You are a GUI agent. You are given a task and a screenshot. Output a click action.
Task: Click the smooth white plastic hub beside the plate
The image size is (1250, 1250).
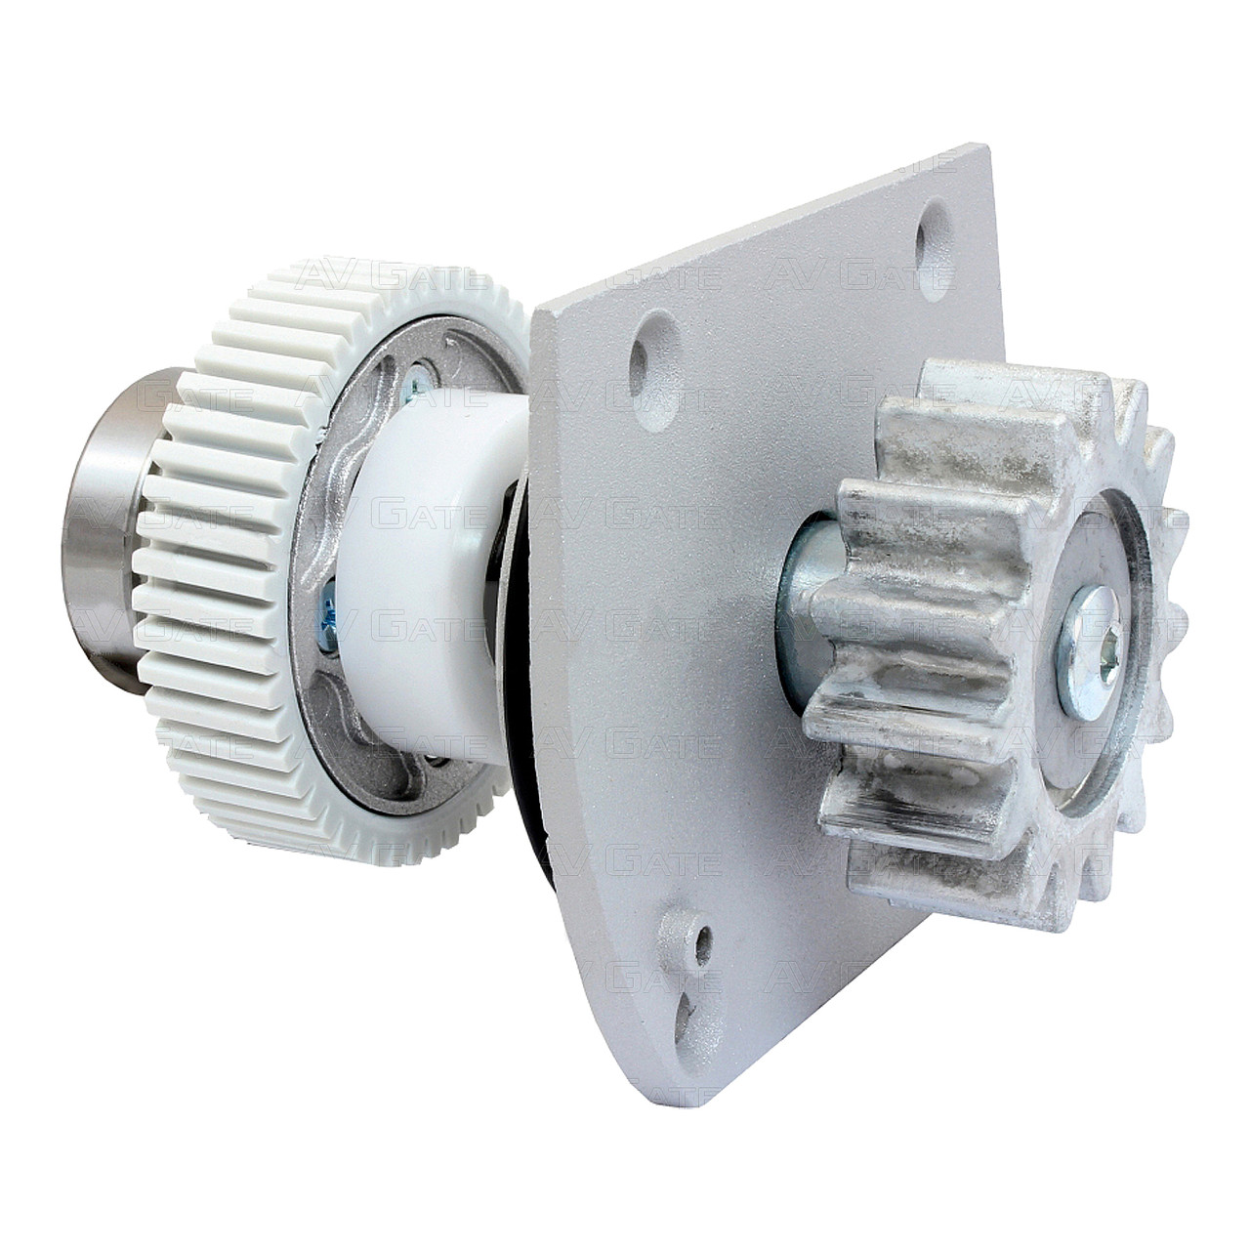pos(435,577)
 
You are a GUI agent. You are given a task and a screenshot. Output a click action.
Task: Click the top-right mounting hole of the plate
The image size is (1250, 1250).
pos(935,250)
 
